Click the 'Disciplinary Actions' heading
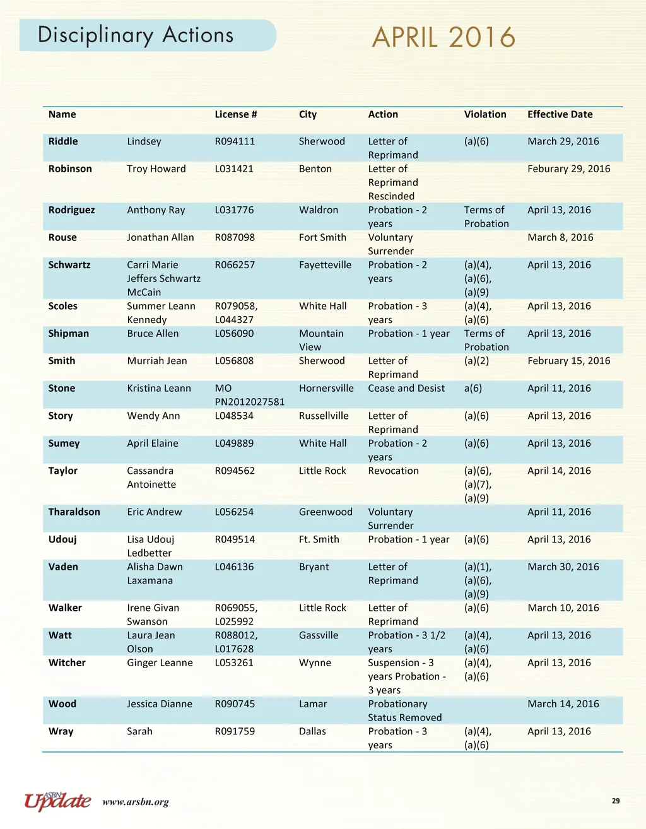(136, 35)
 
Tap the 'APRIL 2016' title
(443, 37)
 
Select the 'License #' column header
(235, 114)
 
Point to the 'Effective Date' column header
(560, 114)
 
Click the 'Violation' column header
(485, 114)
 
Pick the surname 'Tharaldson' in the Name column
(74, 512)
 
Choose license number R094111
(235, 141)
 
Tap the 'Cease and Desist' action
(406, 388)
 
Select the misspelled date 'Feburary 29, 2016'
(568, 168)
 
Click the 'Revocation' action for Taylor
(393, 471)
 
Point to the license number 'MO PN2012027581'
(249, 395)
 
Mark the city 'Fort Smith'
(322, 237)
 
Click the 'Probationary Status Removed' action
(404, 710)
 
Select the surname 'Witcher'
(67, 662)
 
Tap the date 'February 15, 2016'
(568, 361)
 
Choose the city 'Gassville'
(319, 635)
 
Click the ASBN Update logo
(57, 801)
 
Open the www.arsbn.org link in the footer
(136, 803)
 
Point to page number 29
(616, 801)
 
